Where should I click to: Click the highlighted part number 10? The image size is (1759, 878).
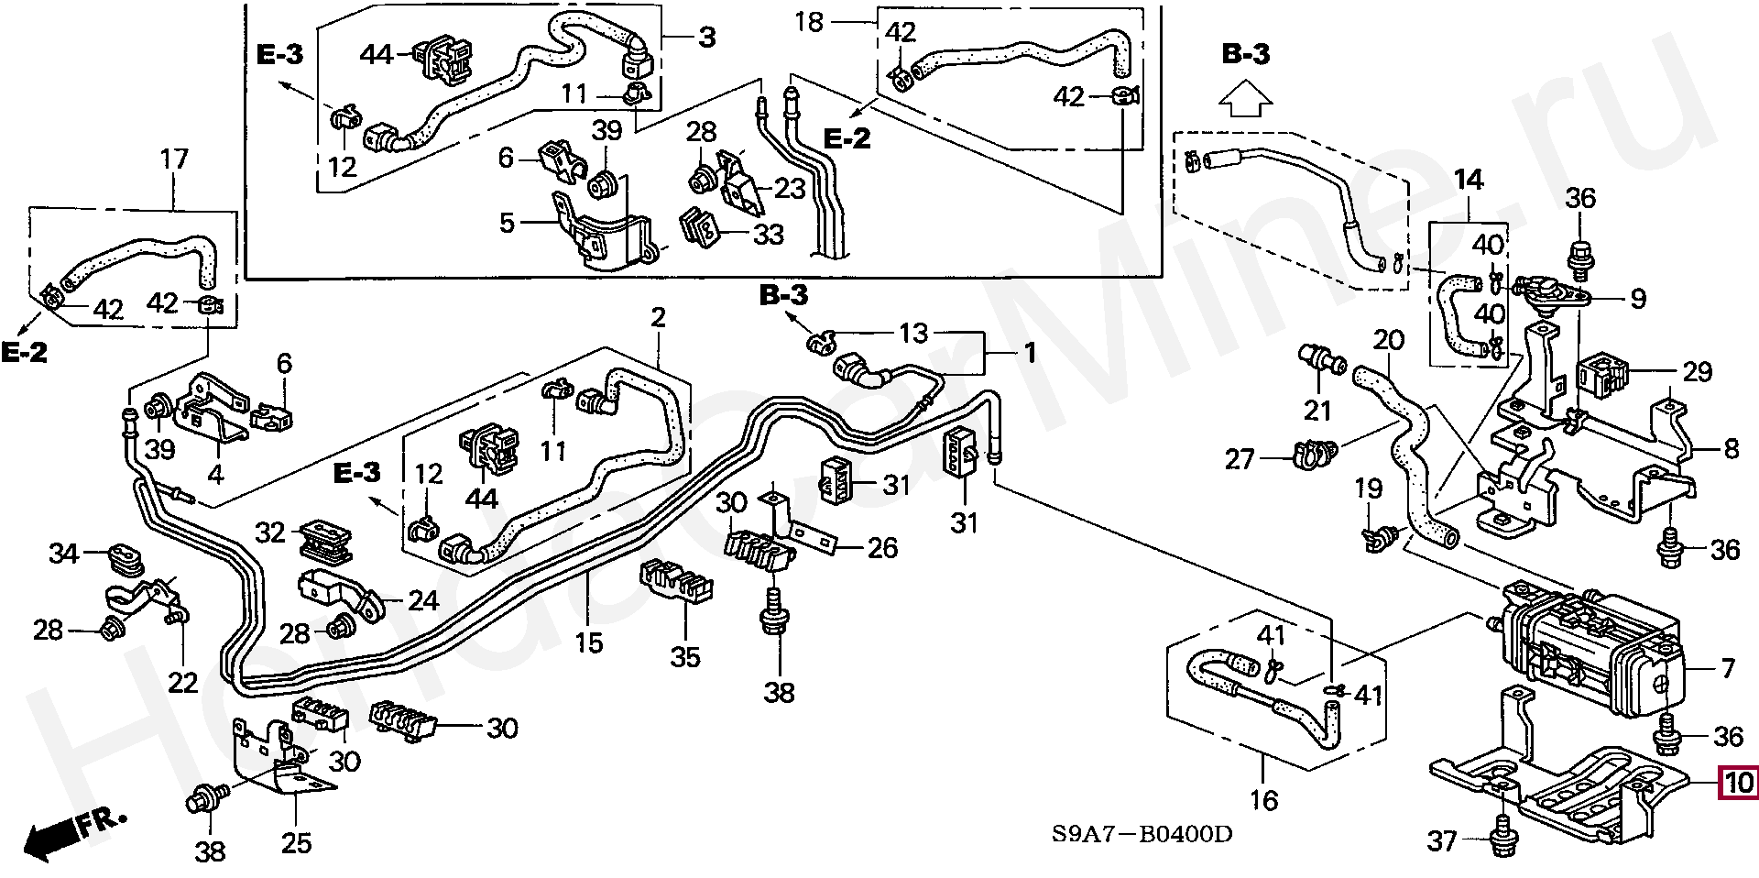pyautogui.click(x=1738, y=782)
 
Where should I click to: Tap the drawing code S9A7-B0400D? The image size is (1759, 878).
pyautogui.click(x=1141, y=835)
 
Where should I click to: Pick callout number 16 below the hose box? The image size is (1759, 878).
pyautogui.click(x=1263, y=800)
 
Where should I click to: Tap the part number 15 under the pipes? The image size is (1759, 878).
pyautogui.click(x=589, y=642)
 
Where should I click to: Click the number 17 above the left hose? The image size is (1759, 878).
pyautogui.click(x=174, y=159)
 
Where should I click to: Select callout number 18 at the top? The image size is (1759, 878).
pyautogui.click(x=809, y=22)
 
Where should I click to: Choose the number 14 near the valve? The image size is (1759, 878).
pyautogui.click(x=1468, y=180)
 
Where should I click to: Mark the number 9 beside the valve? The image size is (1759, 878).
pyautogui.click(x=1638, y=298)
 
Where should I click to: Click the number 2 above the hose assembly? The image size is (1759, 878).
pyautogui.click(x=658, y=318)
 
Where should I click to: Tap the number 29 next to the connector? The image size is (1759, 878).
pyautogui.click(x=1697, y=371)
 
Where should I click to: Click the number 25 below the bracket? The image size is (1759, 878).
pyautogui.click(x=296, y=843)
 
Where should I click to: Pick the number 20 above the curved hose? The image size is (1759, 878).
pyautogui.click(x=1388, y=340)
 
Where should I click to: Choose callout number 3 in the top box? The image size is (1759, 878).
pyautogui.click(x=706, y=38)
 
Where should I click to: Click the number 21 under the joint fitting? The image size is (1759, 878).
pyautogui.click(x=1317, y=411)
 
